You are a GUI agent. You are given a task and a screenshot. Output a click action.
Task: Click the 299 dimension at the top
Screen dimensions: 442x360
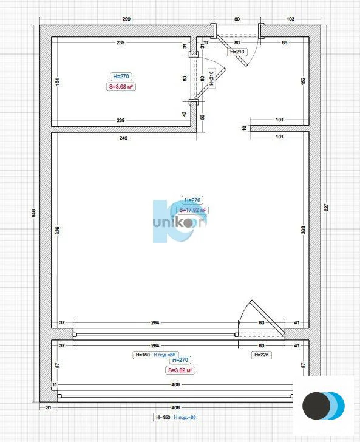(x=126, y=19)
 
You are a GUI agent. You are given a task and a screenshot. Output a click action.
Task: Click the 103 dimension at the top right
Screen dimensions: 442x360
(x=290, y=19)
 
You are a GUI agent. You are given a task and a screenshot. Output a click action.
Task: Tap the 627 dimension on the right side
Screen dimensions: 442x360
(x=326, y=208)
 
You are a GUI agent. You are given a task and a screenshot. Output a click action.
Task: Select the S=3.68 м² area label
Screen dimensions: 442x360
(x=121, y=87)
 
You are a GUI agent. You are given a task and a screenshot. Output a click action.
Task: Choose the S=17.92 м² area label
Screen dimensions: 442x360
(x=192, y=210)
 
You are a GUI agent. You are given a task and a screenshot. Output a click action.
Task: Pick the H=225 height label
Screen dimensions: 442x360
(x=261, y=355)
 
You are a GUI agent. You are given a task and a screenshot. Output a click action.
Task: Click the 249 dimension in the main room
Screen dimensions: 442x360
(x=123, y=138)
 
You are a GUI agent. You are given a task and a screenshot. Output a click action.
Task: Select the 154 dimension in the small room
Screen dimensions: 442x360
(x=57, y=81)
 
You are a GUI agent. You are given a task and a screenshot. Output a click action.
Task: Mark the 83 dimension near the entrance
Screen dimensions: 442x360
(x=284, y=42)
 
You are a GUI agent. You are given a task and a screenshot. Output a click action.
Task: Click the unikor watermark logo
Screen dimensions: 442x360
(x=179, y=222)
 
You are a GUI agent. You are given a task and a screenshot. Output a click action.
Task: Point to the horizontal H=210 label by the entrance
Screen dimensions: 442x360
(x=237, y=52)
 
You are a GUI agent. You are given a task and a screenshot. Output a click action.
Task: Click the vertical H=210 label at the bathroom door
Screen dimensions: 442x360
(x=212, y=79)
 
